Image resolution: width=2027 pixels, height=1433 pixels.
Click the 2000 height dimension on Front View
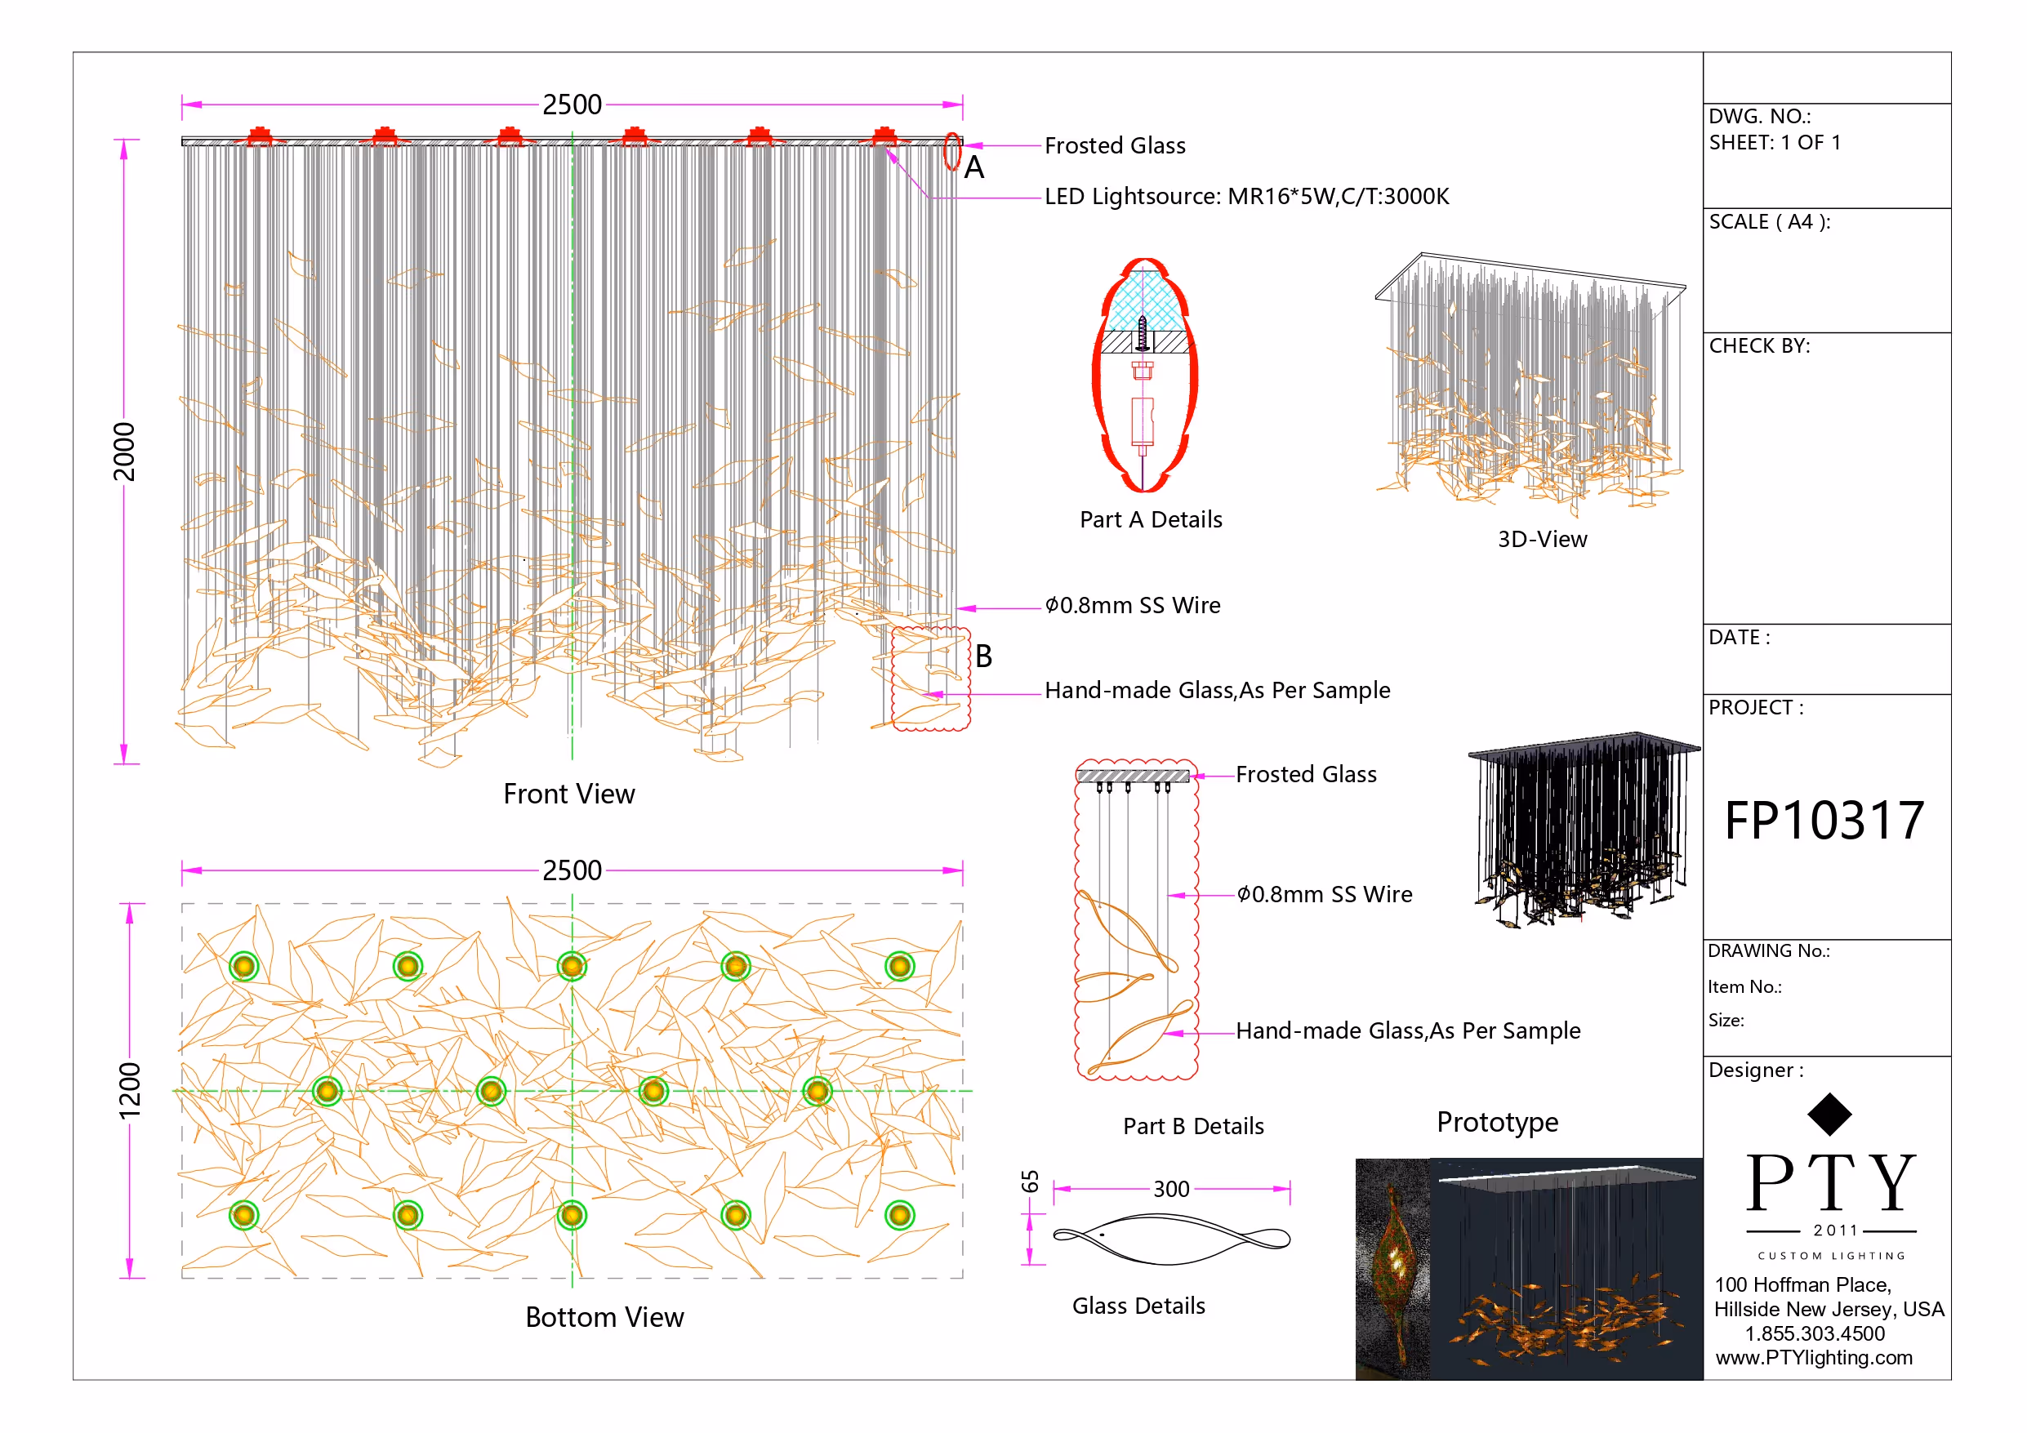[124, 452]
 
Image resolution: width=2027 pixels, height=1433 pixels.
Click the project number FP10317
[1824, 821]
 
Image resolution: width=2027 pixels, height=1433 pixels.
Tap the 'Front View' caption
[568, 794]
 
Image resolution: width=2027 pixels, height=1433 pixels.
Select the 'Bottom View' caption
[604, 1316]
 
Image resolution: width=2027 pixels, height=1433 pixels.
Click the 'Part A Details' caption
[1151, 519]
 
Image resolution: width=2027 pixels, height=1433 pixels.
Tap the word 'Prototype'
[1497, 1121]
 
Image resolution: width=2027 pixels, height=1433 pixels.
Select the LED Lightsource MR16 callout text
[1246, 196]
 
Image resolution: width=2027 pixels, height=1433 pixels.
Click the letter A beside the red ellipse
[973, 167]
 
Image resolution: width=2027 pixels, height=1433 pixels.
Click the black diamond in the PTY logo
[1829, 1115]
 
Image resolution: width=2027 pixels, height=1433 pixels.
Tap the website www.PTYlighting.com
[1813, 1357]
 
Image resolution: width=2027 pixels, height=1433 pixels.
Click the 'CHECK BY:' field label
[1758, 345]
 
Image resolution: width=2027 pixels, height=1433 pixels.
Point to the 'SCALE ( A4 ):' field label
[1769, 221]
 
